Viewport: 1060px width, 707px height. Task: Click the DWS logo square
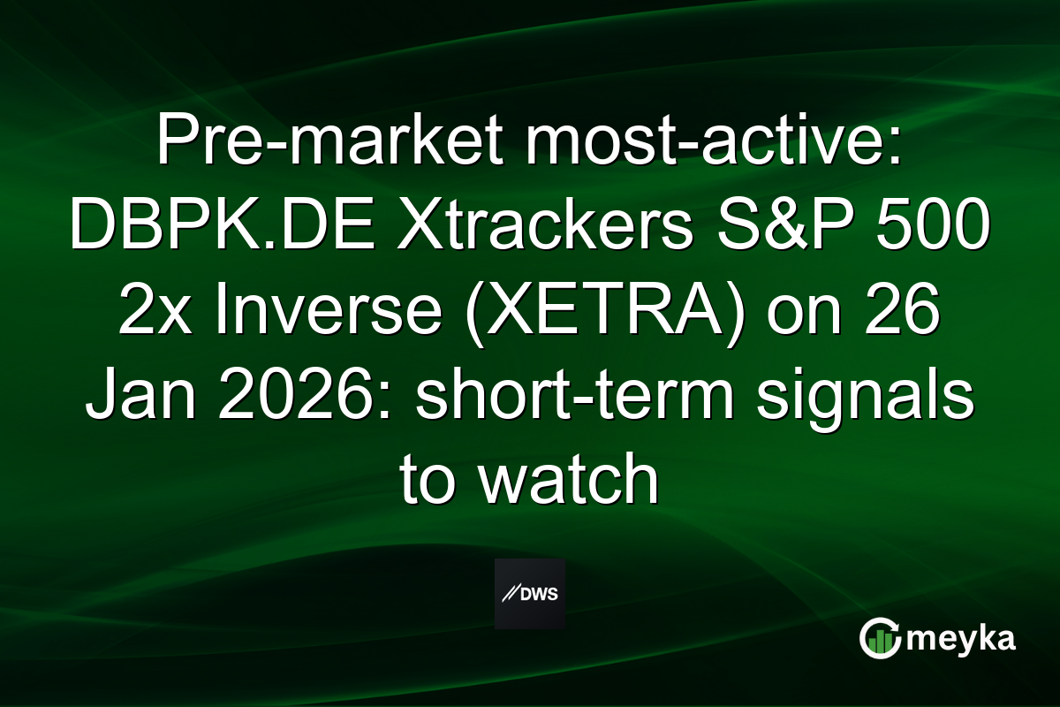(x=530, y=594)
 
